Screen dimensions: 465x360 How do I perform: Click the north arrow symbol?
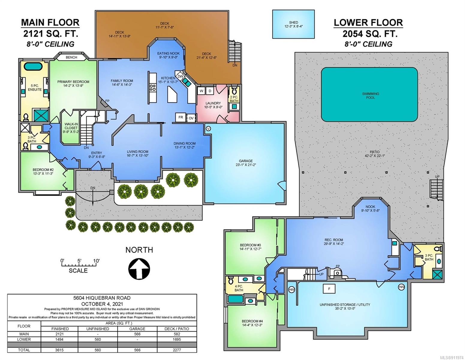coord(139,269)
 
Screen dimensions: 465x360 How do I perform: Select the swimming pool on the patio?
coord(369,94)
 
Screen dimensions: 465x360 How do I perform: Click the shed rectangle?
coord(294,24)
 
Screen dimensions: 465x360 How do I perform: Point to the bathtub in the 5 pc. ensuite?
coord(34,66)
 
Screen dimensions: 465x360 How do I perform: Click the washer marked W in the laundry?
coord(201,91)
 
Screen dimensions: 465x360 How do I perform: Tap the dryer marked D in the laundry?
coord(210,91)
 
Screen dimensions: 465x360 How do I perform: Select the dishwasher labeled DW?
coord(180,76)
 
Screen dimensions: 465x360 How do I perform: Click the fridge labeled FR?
coord(180,117)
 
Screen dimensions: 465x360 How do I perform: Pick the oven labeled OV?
coord(191,118)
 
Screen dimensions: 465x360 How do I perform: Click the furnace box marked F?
coord(329,289)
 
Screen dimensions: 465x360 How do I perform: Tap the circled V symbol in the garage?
coord(208,128)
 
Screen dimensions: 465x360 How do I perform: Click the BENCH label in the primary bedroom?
coord(71,57)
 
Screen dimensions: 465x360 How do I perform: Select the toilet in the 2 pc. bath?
coord(234,91)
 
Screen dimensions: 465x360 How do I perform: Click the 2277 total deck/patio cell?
coord(177,350)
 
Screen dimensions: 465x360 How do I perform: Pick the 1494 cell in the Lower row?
coord(59,339)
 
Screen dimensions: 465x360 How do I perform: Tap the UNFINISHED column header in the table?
coord(97,329)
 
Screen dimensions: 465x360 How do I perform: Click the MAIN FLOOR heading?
coord(50,22)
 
